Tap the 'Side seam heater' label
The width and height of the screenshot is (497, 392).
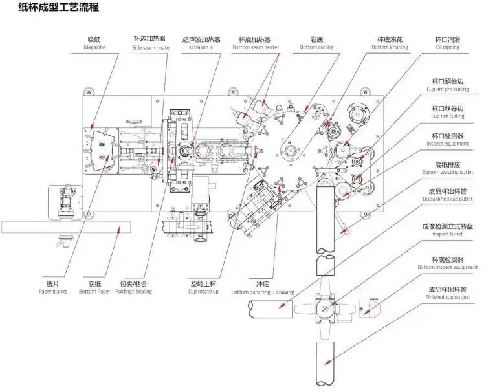(152, 47)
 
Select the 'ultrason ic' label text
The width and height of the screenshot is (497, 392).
(201, 47)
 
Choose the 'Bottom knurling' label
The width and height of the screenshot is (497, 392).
(389, 47)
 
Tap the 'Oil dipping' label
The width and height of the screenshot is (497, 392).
(447, 47)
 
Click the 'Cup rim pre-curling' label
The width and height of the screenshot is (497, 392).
(447, 89)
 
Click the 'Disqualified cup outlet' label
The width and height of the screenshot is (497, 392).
(448, 199)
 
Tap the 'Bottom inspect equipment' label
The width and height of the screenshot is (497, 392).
(447, 267)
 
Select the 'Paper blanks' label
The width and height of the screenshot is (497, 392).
(52, 291)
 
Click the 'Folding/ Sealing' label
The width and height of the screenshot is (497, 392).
(133, 291)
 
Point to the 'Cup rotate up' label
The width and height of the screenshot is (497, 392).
(204, 291)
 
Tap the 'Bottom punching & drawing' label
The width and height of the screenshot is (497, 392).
(262, 292)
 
